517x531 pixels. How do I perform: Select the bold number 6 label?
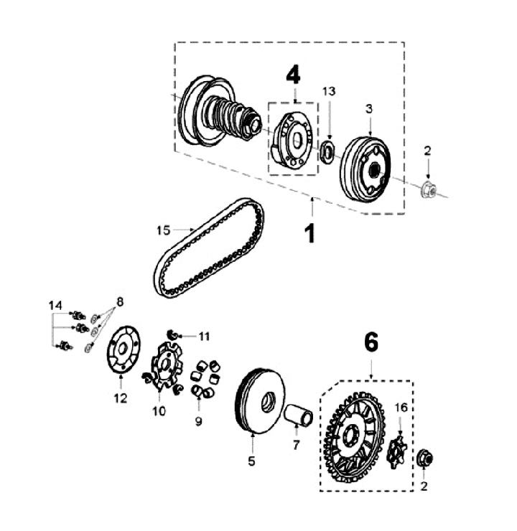point(371,343)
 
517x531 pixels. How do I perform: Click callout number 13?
point(328,91)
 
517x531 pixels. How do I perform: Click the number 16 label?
point(401,408)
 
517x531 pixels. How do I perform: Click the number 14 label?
point(55,305)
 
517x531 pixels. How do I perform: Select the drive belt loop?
point(208,248)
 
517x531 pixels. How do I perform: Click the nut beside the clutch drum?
point(429,190)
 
